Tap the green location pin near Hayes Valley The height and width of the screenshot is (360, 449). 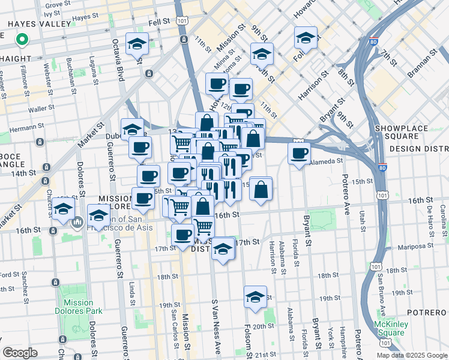coord(22,40)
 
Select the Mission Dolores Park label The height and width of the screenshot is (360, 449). coord(78,307)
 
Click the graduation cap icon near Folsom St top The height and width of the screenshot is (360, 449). coord(306,38)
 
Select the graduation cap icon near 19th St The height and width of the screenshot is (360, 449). coord(255,297)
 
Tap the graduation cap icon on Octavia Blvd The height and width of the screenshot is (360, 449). coord(137,44)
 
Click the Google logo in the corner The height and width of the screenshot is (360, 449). coord(20,352)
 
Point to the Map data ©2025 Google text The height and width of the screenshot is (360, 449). coord(412,355)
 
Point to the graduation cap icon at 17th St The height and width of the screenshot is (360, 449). coord(223,248)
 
